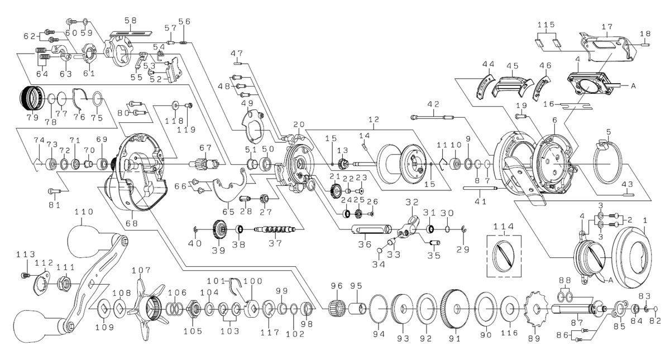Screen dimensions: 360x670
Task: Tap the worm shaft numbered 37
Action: click(x=274, y=229)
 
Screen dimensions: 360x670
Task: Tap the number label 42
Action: click(x=433, y=104)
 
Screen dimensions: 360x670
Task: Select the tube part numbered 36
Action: click(x=370, y=229)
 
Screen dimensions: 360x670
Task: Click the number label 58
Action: click(x=130, y=21)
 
